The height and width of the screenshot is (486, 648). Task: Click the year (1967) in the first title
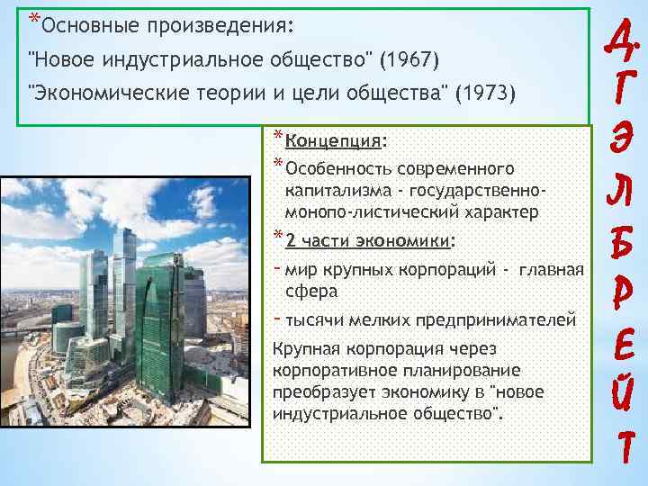[x=409, y=60]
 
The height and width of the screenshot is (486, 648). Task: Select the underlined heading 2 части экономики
[x=368, y=240]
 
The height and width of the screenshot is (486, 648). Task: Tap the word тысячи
[x=310, y=319]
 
